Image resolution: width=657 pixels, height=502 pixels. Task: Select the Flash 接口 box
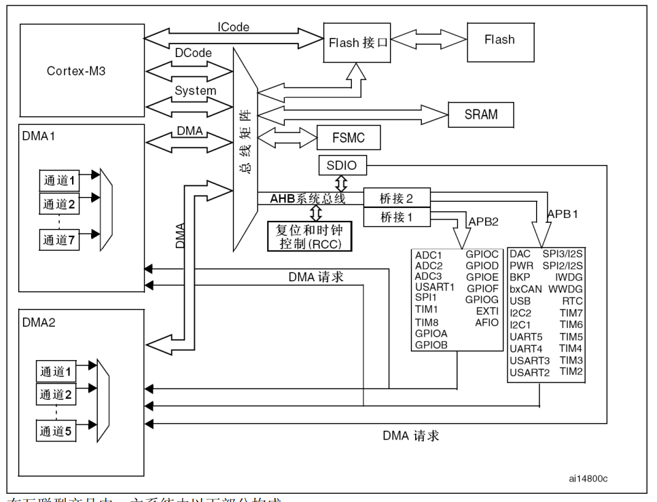coord(359,42)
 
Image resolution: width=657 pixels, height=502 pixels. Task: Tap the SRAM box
coord(480,114)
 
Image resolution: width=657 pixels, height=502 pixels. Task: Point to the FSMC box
coord(348,138)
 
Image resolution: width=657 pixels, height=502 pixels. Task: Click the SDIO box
coord(342,164)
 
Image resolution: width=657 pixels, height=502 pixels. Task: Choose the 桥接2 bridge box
coord(397,198)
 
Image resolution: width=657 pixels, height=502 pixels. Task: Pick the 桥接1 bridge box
coord(397,217)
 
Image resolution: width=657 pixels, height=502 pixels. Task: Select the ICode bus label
coord(233,27)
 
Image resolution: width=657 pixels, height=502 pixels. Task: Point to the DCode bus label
coord(194,52)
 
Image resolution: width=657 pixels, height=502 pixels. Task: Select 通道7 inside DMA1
coord(60,239)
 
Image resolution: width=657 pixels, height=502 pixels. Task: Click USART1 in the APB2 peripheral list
coord(435,287)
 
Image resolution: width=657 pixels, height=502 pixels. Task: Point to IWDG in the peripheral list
coord(569,277)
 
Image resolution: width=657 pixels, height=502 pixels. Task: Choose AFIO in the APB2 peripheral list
coord(486,322)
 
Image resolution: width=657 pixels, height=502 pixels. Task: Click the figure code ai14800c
coord(588,478)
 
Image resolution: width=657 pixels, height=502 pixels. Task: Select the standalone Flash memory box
coord(499,40)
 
